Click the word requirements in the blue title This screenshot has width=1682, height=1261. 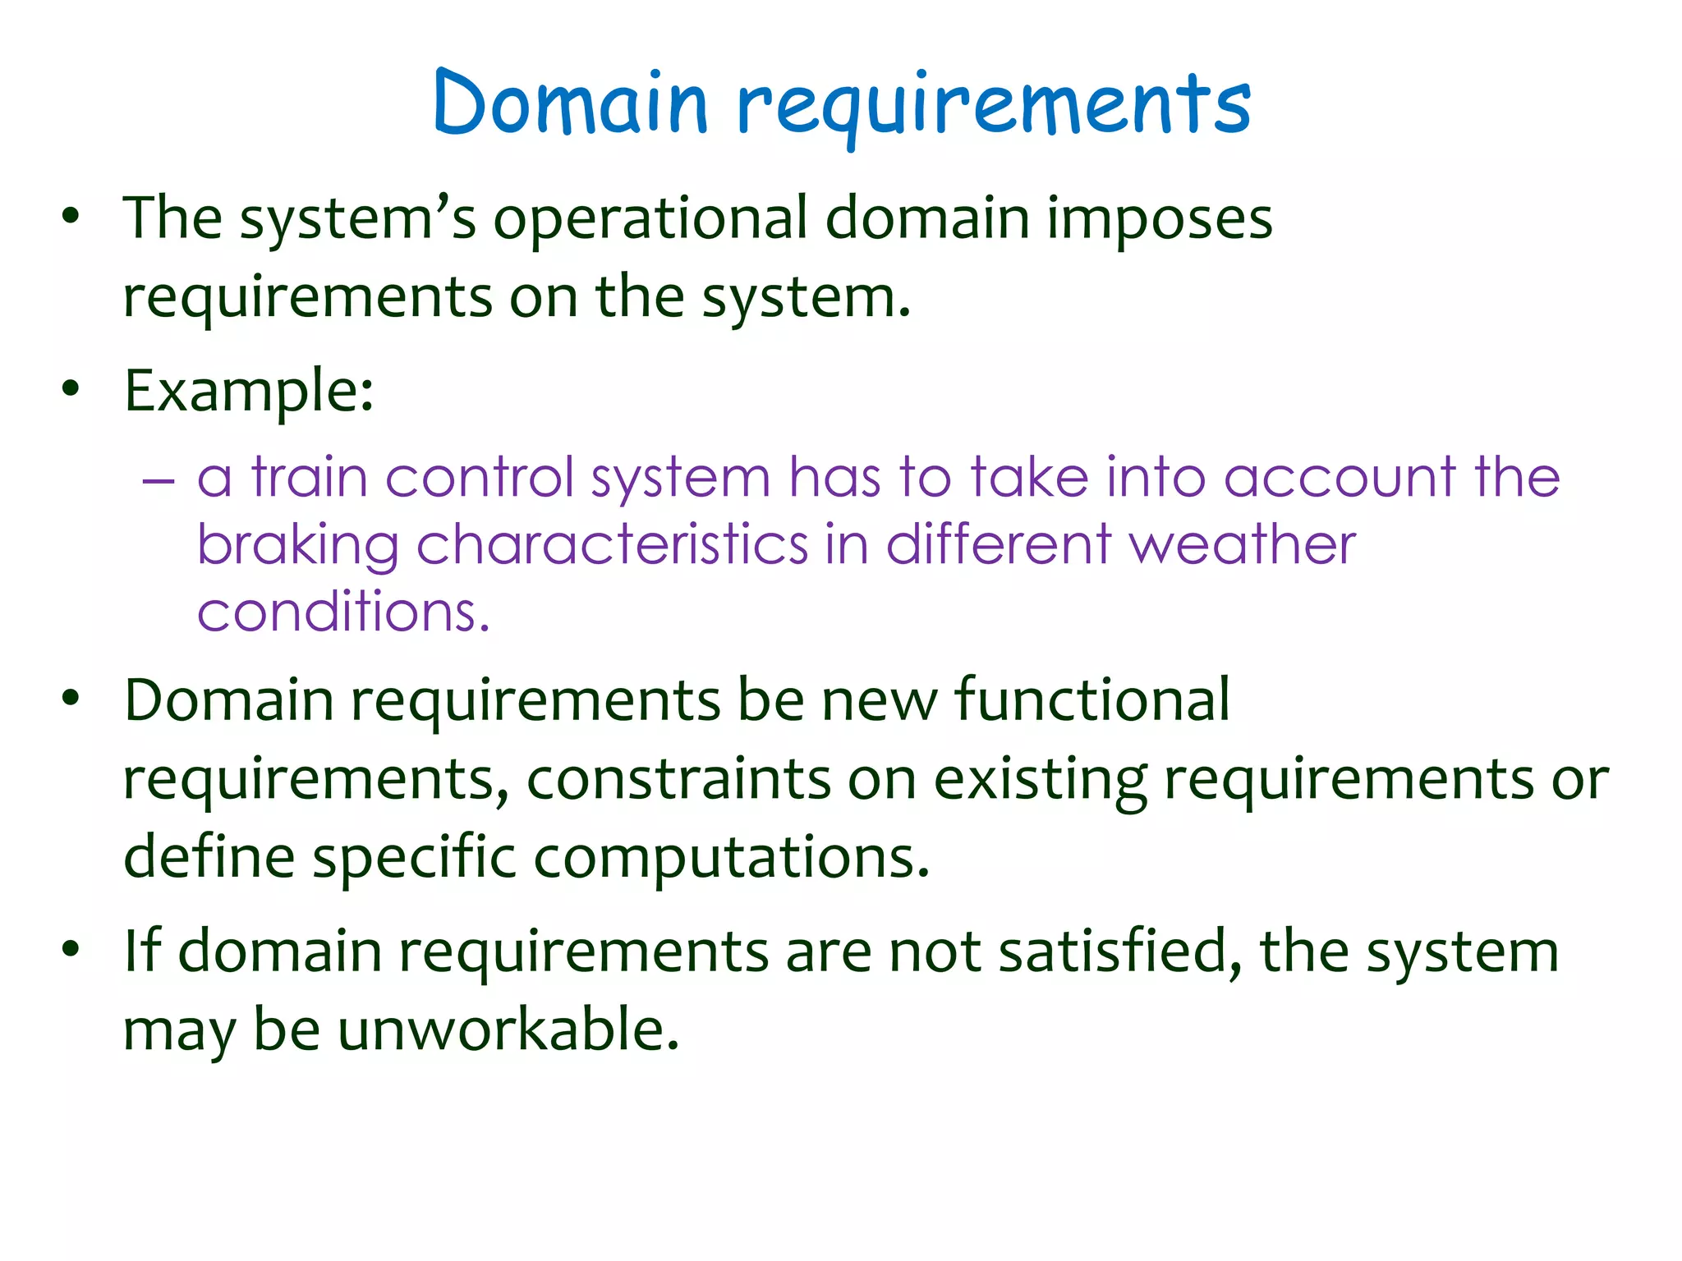click(994, 107)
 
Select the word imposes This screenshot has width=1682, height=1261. click(1160, 220)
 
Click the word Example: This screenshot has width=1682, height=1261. click(249, 391)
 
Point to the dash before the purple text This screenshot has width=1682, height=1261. click(158, 479)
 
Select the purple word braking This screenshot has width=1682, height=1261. click(297, 545)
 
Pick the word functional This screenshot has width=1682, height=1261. click(1091, 699)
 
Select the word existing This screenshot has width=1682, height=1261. click(1041, 780)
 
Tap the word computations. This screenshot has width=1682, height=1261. click(731, 858)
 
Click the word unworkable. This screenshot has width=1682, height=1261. click(508, 1029)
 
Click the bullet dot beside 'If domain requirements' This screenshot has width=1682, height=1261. click(71, 949)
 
